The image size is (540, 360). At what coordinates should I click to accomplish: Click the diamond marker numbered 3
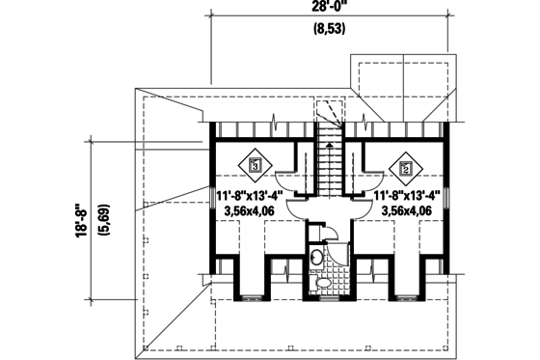click(256, 166)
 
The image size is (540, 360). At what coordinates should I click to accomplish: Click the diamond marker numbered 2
click(406, 167)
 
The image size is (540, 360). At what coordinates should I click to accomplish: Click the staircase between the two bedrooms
click(331, 164)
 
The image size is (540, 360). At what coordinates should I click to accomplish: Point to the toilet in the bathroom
click(325, 282)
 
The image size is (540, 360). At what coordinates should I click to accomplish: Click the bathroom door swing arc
click(325, 232)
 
